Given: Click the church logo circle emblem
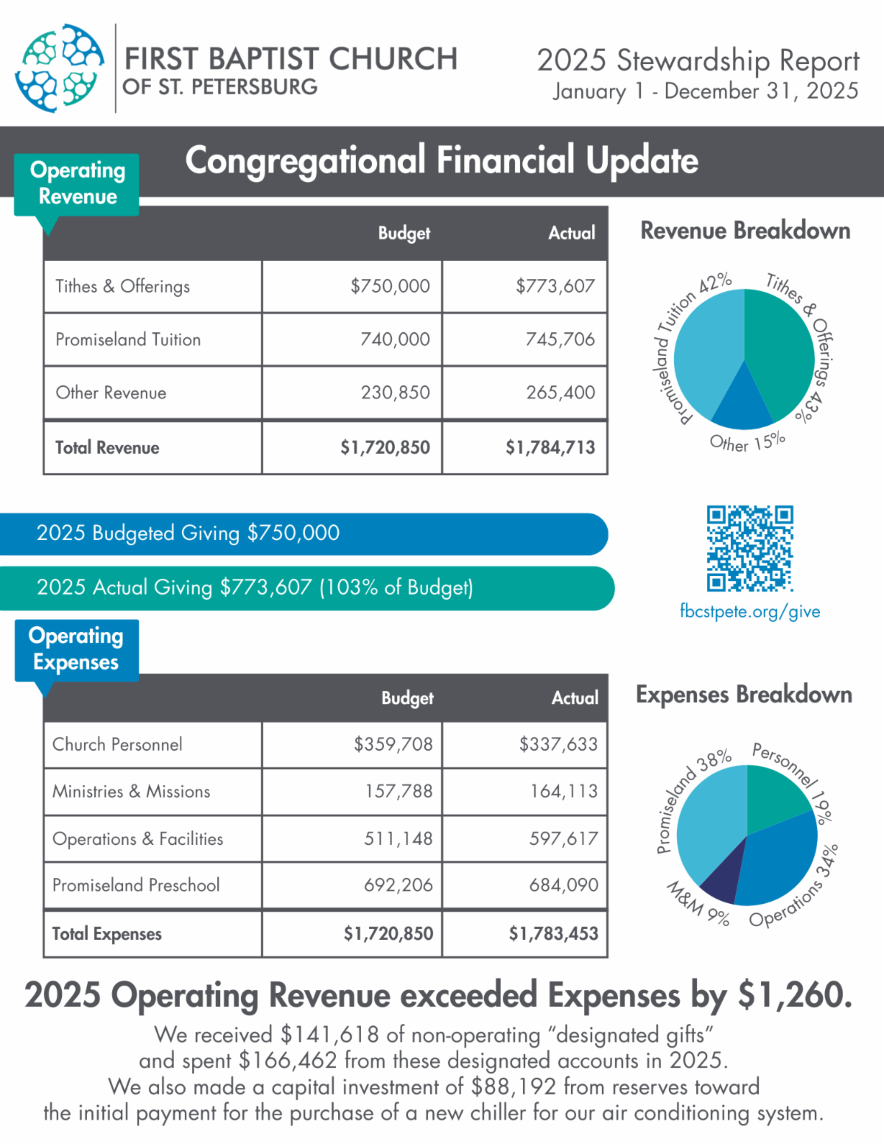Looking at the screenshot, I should [x=60, y=68].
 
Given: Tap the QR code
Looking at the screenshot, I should [x=750, y=548].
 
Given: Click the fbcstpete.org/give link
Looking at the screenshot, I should [x=750, y=611].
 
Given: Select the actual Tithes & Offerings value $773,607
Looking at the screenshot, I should [x=555, y=287].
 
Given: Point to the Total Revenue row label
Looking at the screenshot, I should [x=108, y=448].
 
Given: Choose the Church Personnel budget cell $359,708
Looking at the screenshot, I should [x=393, y=744].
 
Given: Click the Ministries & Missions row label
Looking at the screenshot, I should [x=131, y=791].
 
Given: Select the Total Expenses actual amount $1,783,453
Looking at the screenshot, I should [x=553, y=934].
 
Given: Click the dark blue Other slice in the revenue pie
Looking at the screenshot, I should [x=743, y=405].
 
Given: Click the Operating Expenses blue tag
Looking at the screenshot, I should [x=77, y=649].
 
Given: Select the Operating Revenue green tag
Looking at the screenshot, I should [x=77, y=183].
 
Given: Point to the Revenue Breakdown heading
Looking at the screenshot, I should [x=745, y=231].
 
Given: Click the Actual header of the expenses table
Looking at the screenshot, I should [x=575, y=698].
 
